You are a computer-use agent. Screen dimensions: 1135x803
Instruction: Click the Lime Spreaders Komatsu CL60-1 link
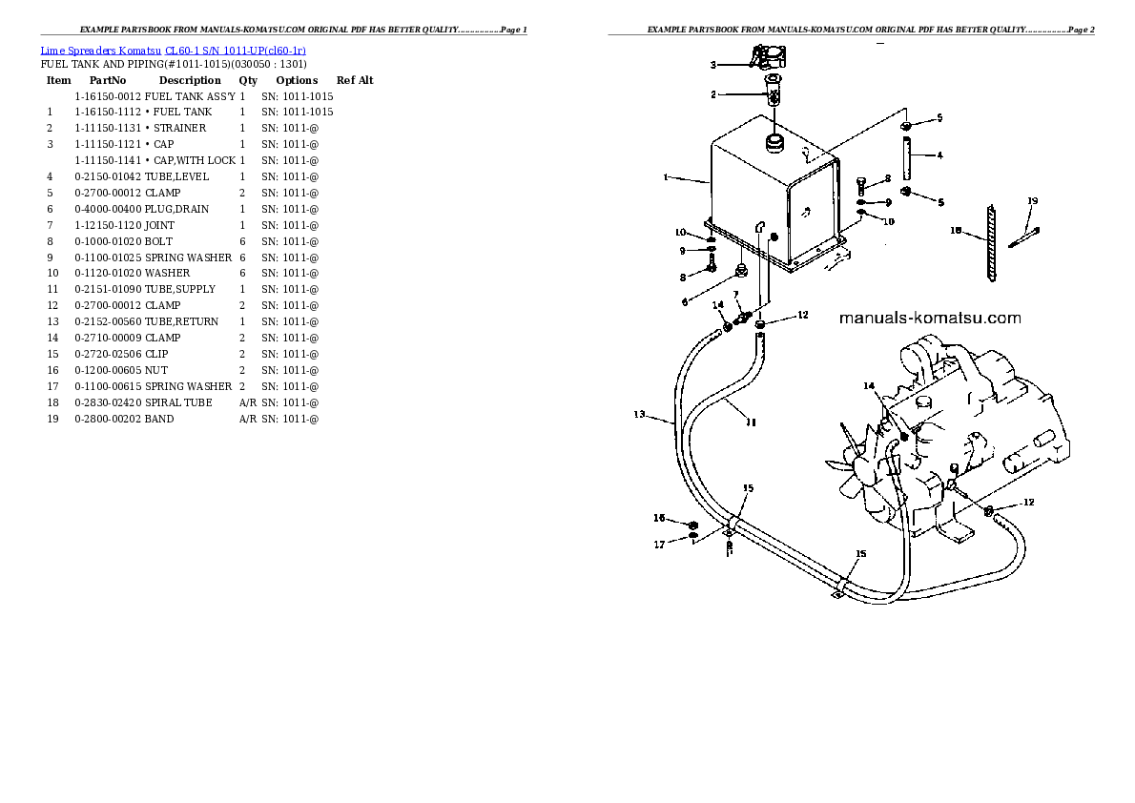[173, 50]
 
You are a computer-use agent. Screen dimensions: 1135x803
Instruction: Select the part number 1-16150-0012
[108, 96]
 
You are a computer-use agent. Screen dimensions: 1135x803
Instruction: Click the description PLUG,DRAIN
[176, 209]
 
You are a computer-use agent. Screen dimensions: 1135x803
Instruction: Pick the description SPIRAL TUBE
[178, 402]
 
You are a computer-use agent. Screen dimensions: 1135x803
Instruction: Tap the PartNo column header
[108, 81]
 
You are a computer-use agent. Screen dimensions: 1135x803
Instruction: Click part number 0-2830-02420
[108, 402]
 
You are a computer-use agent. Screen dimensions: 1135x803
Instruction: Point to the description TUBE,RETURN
[181, 321]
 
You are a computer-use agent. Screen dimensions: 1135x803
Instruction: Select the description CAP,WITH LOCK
[191, 160]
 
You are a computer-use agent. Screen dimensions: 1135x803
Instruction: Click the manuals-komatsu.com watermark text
[930, 319]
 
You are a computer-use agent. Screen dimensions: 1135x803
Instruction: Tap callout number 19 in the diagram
[1032, 201]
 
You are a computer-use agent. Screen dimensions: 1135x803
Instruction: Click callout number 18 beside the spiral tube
[956, 230]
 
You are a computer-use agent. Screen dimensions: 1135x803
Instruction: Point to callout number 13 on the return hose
[640, 415]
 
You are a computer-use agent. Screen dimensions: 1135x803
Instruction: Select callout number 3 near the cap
[712, 65]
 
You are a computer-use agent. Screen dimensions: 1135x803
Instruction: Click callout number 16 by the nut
[658, 518]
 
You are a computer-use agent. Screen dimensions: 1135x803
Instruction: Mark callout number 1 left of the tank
[665, 177]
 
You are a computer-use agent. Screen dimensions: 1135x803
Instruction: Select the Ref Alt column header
[355, 81]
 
